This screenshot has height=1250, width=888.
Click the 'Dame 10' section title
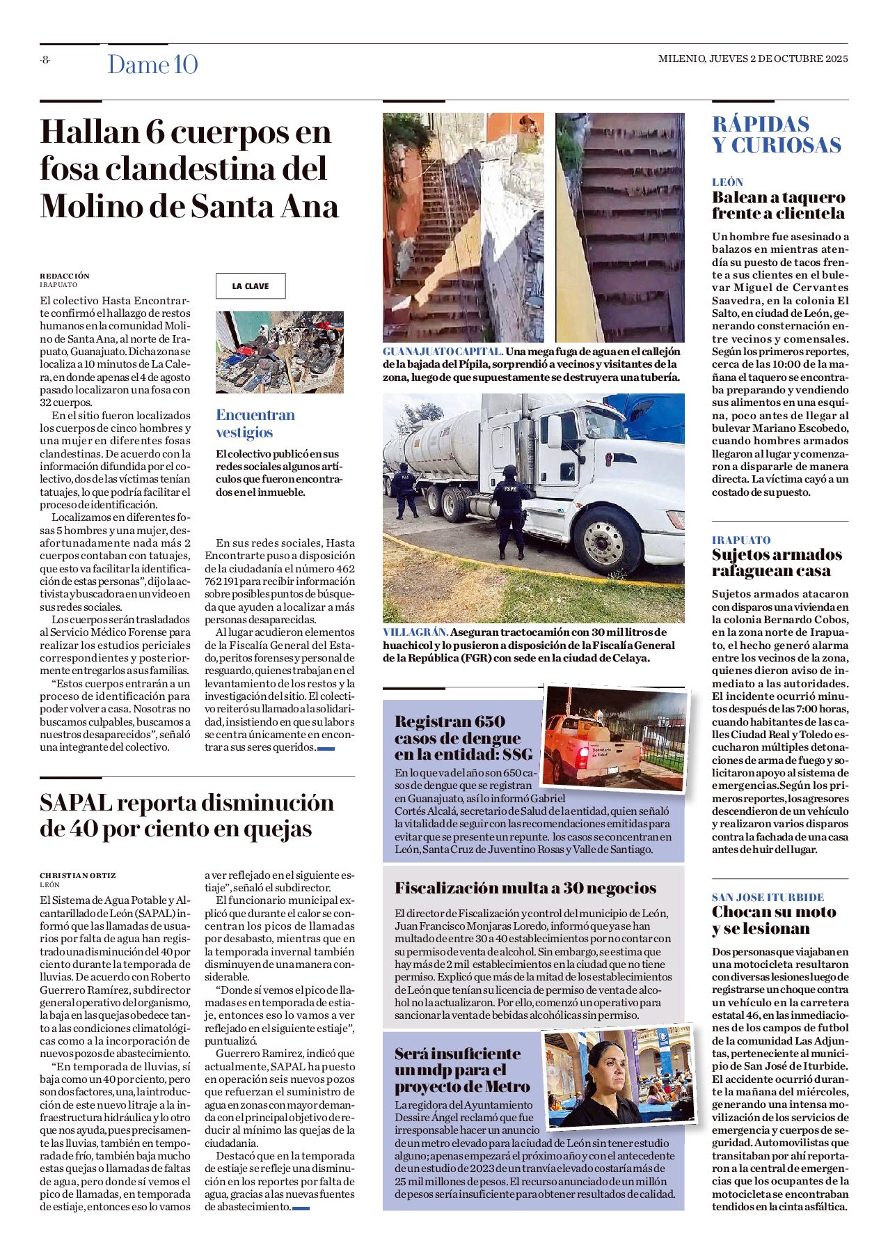point(152,65)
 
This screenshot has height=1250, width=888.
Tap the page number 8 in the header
point(45,60)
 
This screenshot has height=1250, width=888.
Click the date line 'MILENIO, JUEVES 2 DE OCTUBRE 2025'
point(753,59)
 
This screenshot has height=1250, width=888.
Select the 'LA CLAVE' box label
point(251,286)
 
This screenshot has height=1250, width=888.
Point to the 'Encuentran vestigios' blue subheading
point(255,423)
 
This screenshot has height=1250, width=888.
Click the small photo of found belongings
point(280,352)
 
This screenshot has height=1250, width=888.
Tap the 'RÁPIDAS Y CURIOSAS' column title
point(776,134)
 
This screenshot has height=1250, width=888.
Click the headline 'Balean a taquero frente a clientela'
point(778,205)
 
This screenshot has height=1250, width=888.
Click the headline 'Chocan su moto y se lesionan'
point(774,920)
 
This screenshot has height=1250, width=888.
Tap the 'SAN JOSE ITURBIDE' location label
point(768,897)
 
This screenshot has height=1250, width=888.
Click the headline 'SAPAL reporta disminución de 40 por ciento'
point(187,815)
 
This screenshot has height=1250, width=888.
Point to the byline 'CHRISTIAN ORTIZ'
point(78,875)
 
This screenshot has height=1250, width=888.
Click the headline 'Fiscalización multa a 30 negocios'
point(525,888)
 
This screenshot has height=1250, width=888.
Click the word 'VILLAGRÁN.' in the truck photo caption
point(415,632)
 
